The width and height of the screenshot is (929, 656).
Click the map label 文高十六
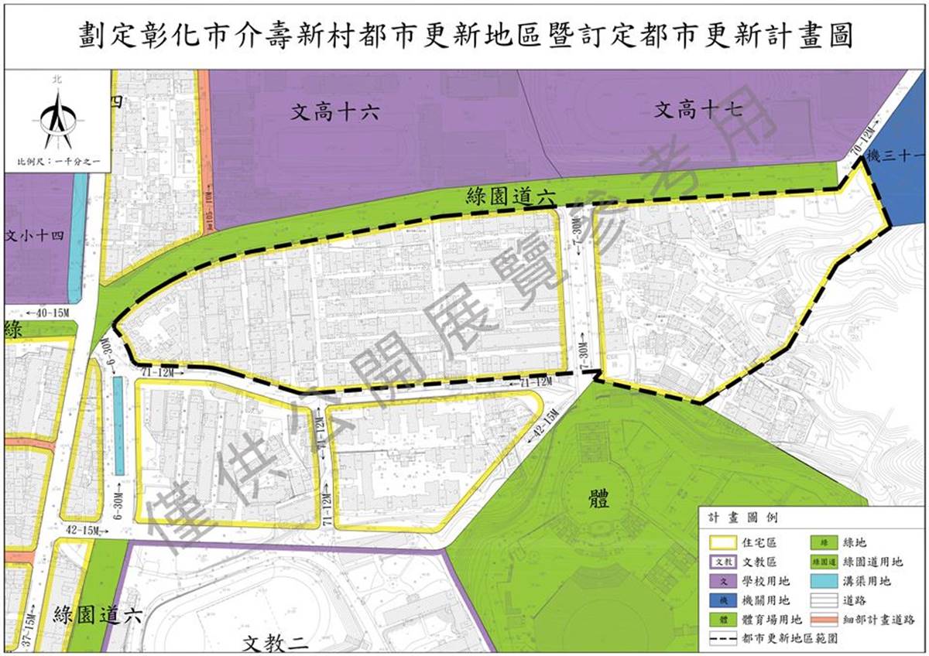coord(335,112)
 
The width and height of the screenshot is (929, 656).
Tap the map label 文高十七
coord(699,111)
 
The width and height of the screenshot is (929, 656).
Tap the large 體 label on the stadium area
coord(598,497)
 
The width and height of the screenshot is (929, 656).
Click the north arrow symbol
coord(57,116)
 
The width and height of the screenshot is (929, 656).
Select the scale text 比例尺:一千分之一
coord(58,162)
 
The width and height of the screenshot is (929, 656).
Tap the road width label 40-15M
coord(47,313)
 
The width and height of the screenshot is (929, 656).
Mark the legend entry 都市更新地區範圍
coord(789,639)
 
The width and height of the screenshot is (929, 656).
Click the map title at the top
coord(465,35)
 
